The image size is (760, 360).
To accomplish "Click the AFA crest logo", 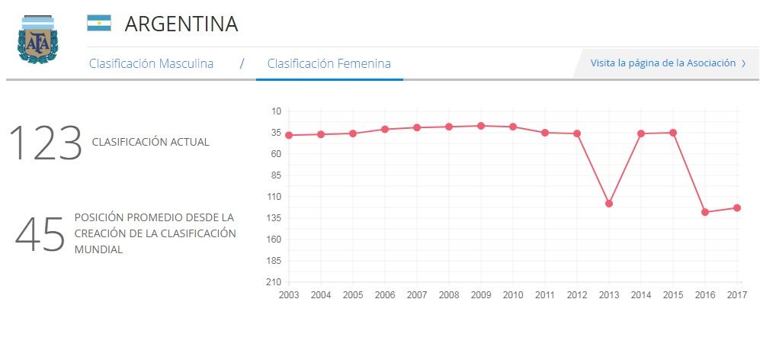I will point(37,39).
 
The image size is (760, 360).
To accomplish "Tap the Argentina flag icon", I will point(99,23).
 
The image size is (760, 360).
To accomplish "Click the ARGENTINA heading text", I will point(181,24).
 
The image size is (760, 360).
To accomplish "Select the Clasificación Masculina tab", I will point(151,63).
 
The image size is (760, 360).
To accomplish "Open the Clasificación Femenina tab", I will point(329,63).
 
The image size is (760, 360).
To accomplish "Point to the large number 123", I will point(45,143).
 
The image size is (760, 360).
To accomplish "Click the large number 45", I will point(40,234).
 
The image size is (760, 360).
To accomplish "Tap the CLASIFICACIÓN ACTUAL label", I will point(150,142).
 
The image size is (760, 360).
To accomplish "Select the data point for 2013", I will point(609,204).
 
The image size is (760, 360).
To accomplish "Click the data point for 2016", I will point(705,212).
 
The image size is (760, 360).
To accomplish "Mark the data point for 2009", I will point(481,125).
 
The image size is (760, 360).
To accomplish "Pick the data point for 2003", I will point(289,135).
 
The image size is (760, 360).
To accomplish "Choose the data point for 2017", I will point(737,207).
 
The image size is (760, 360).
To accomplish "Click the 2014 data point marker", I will point(641,133).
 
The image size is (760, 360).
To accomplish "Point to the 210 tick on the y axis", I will point(274,282).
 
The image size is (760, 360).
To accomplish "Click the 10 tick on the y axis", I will point(276,111).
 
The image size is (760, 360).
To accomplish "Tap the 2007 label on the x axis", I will point(417,295).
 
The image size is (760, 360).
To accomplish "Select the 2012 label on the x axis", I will point(577,295).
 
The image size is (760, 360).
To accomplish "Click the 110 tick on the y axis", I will point(274,197).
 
